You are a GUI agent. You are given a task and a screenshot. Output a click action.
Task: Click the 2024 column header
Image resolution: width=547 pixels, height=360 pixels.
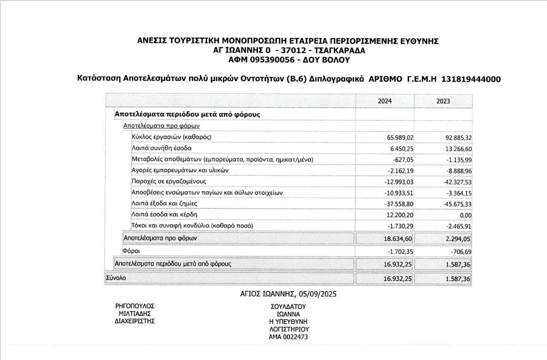click(x=385, y=101)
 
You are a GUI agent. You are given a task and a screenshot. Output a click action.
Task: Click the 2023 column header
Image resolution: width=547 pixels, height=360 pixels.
click(x=443, y=101)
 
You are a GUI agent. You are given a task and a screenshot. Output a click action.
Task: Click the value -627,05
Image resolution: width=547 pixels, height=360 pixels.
click(x=404, y=159)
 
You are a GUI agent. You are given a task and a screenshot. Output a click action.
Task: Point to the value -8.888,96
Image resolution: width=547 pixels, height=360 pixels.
click(x=455, y=170)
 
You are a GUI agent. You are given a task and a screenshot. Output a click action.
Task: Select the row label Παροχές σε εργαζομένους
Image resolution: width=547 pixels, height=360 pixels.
click(x=169, y=182)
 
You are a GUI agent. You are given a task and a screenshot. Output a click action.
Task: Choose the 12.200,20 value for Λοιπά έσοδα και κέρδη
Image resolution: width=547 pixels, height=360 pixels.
click(x=400, y=215)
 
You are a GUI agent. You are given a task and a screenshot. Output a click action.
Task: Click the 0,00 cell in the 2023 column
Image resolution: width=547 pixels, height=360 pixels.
click(x=465, y=215)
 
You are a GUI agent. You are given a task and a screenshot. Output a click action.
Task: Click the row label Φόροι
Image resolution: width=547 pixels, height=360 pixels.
click(x=131, y=251)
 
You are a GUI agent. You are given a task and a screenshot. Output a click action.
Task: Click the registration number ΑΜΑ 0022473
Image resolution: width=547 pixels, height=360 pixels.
click(x=288, y=337)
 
